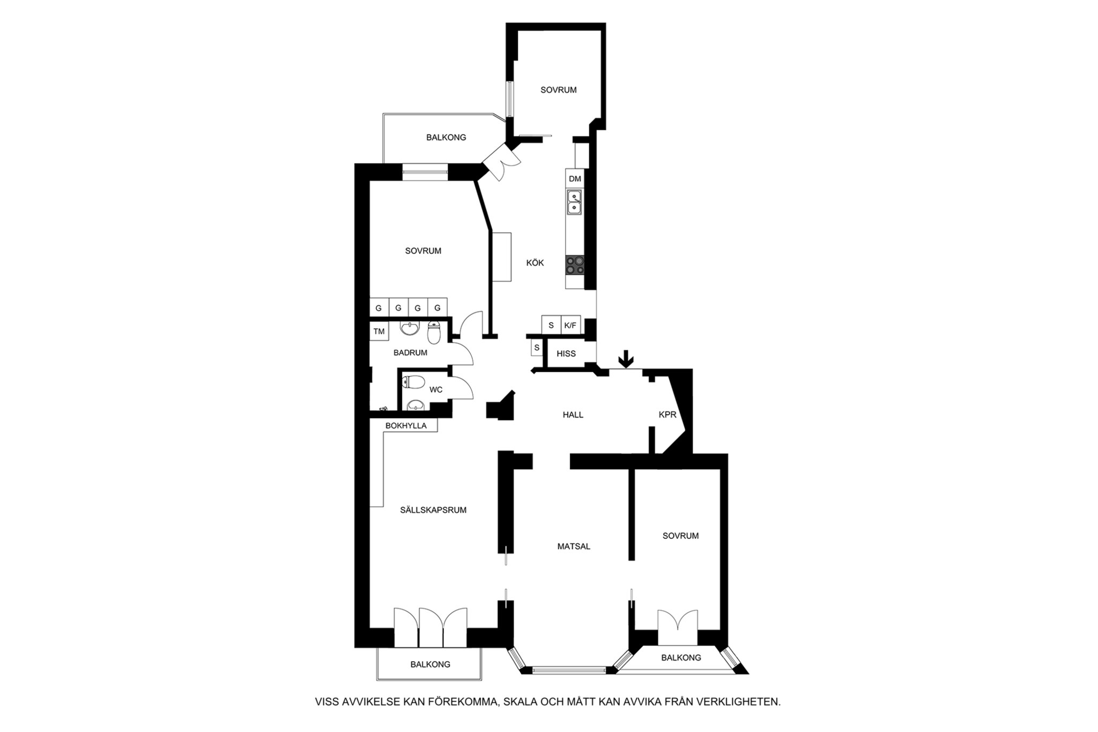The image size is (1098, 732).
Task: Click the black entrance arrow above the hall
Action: coord(626,359)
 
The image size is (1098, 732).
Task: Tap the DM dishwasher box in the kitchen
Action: coord(575,179)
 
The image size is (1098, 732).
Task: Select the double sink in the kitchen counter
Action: coord(575,203)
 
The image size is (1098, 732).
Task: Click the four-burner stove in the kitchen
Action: coord(575,265)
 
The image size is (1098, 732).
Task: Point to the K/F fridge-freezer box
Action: coord(570,326)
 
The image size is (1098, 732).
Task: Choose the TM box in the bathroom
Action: coord(379,331)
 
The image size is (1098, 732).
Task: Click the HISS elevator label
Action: coord(566,354)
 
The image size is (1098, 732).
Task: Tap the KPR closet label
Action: coord(667,415)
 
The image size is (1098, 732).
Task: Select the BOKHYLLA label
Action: coord(406,426)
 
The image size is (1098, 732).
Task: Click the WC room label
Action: coord(436,390)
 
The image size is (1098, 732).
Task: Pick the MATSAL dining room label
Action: coord(574,546)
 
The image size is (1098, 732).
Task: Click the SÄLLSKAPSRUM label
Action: coord(433,510)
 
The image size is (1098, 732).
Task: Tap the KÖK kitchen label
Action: coord(535,263)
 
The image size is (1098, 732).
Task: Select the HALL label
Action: coord(573,415)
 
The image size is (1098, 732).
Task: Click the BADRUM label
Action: coord(410,353)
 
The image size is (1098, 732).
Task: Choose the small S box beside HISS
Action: coord(537,348)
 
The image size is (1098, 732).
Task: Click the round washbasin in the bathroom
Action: coord(410,328)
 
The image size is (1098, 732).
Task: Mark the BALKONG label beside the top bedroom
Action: coord(446,137)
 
